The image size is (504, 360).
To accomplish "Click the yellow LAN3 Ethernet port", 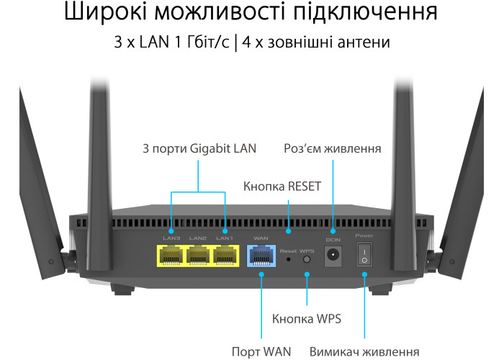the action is click(x=171, y=256).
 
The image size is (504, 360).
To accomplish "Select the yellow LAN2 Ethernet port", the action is click(x=198, y=256).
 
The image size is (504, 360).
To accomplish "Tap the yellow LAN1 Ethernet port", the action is click(x=225, y=256).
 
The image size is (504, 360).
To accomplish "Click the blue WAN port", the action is click(x=261, y=256).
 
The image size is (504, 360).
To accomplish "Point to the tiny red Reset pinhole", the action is click(x=288, y=259).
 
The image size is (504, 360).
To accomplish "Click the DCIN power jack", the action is click(x=333, y=256).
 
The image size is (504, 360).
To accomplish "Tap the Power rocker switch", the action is click(x=364, y=255).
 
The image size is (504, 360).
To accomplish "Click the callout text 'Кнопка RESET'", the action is click(x=282, y=186).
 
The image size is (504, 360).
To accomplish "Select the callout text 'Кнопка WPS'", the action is click(x=306, y=319).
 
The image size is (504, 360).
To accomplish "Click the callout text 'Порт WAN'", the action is click(x=261, y=351).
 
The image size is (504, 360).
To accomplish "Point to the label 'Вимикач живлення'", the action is click(x=364, y=351).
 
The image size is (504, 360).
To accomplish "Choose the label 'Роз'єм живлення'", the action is click(x=333, y=148).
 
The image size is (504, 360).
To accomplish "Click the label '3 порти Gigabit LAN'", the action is click(x=199, y=148).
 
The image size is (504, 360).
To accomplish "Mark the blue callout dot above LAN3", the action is click(x=171, y=231).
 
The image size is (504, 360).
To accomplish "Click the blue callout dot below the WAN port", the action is click(x=261, y=274).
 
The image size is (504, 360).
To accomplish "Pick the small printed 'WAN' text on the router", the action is click(x=261, y=238).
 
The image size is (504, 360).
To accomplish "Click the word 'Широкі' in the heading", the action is click(x=105, y=12).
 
